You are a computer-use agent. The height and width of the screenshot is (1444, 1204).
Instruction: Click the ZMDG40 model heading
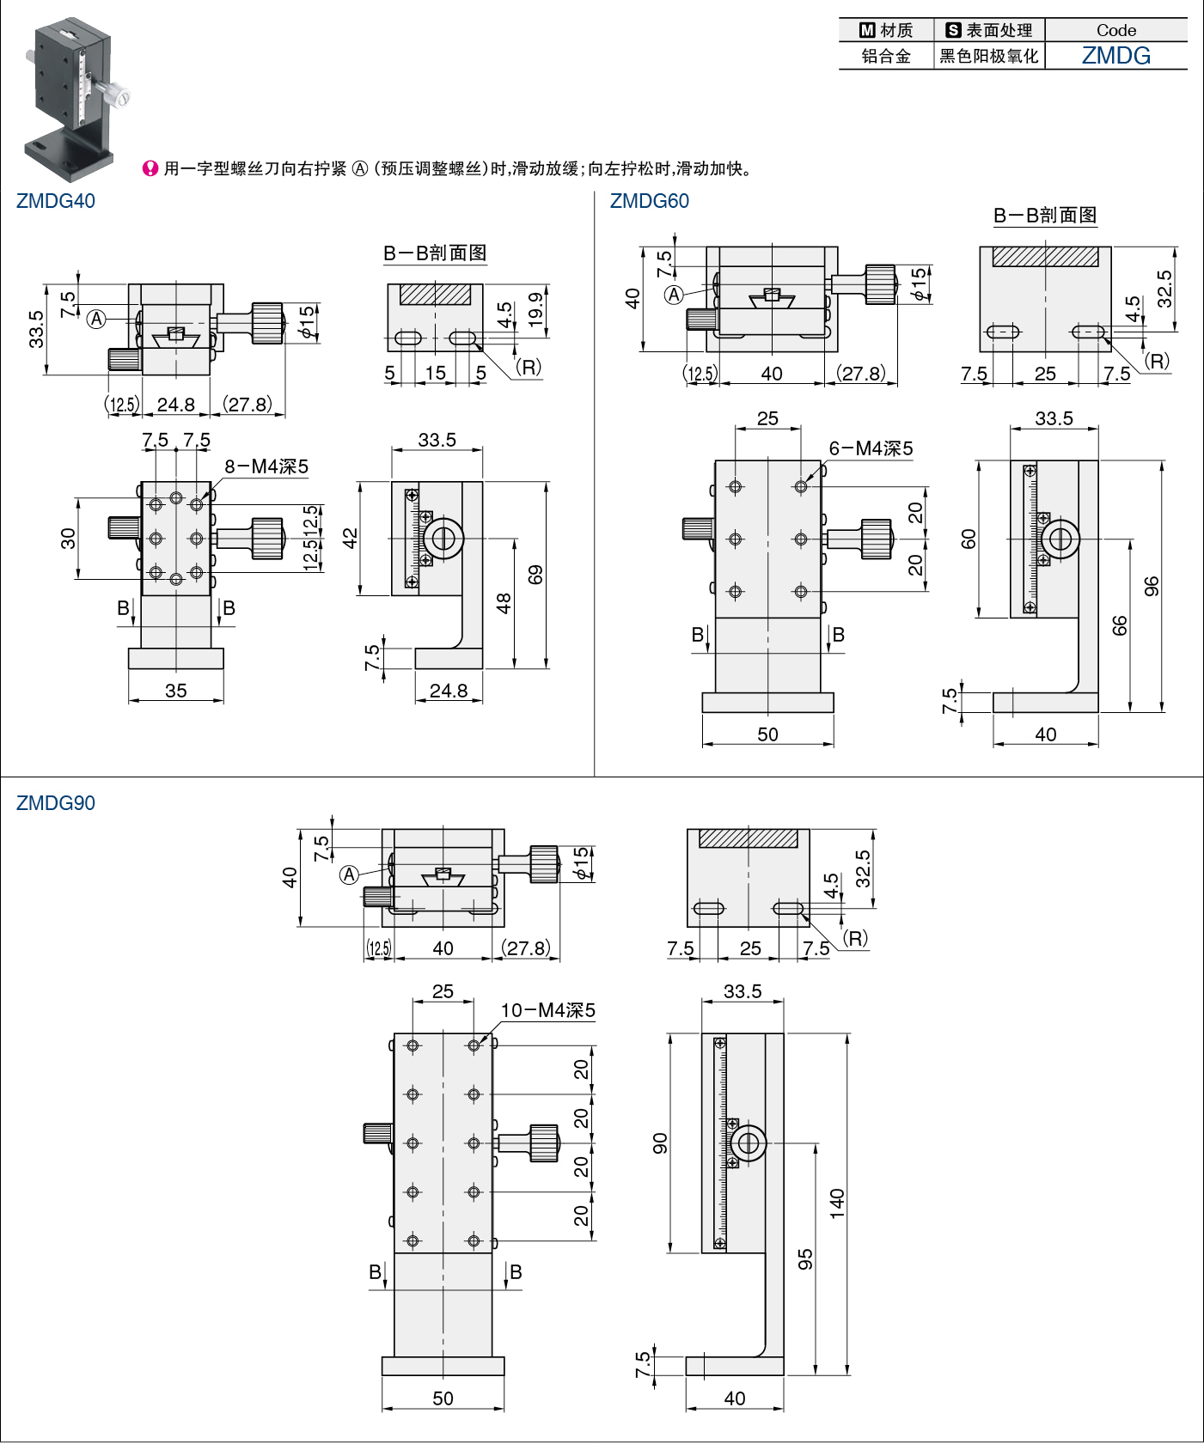pos(56,201)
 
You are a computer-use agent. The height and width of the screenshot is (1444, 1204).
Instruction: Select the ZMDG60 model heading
pos(649,201)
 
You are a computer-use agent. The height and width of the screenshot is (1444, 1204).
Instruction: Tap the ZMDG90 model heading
pos(56,803)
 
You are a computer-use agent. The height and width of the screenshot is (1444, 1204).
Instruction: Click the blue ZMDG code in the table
pos(1115,56)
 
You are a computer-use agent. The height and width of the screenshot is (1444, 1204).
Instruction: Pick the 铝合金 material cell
pos(886,57)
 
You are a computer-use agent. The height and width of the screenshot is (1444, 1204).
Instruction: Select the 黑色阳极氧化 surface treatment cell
pos(989,57)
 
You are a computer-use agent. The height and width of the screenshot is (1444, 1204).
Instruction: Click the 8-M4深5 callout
pos(266,466)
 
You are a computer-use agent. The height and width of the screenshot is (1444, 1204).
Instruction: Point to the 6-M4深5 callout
pos(871,448)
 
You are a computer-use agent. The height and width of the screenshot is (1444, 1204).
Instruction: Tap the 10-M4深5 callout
pos(548,1010)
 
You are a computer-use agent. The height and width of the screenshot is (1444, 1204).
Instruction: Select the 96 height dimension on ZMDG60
pos(1152,586)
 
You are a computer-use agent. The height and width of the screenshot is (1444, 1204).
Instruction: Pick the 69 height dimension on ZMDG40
pos(535,574)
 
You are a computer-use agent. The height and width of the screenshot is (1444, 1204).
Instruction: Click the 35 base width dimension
pos(176,691)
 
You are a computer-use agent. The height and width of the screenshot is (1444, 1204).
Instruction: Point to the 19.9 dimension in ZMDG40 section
pos(535,309)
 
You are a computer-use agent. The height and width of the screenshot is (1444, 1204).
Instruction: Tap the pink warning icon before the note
pos(150,168)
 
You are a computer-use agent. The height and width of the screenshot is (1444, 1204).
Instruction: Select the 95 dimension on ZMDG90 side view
pos(805,1259)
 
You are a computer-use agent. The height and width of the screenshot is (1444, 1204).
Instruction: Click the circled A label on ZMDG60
pos(675,296)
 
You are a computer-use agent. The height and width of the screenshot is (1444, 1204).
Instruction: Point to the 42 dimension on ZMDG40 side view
pos(350,539)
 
